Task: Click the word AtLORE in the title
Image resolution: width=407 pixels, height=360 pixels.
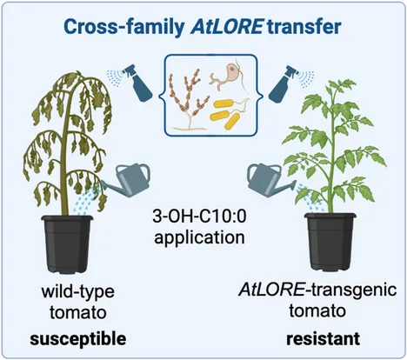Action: click(227, 27)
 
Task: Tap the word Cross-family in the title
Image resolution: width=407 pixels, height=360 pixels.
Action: click(124, 27)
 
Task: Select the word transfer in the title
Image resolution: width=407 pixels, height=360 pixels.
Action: click(304, 27)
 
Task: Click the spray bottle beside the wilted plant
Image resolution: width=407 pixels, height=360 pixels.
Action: click(137, 83)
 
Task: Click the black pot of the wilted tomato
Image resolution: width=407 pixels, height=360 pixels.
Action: click(67, 244)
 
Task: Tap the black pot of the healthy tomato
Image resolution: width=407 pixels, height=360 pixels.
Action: click(330, 243)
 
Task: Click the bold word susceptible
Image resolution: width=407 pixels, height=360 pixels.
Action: click(78, 339)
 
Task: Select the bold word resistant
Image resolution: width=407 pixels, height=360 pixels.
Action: click(324, 338)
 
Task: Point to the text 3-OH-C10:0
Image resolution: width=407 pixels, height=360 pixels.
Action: click(199, 216)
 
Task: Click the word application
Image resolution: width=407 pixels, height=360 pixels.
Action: click(199, 238)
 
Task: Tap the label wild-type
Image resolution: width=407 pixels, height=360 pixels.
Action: click(78, 291)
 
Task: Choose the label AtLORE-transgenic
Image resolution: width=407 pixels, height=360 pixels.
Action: click(317, 290)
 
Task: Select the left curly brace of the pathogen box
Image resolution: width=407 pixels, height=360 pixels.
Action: click(162, 96)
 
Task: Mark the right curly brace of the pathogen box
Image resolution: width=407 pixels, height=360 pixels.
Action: click(260, 96)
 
